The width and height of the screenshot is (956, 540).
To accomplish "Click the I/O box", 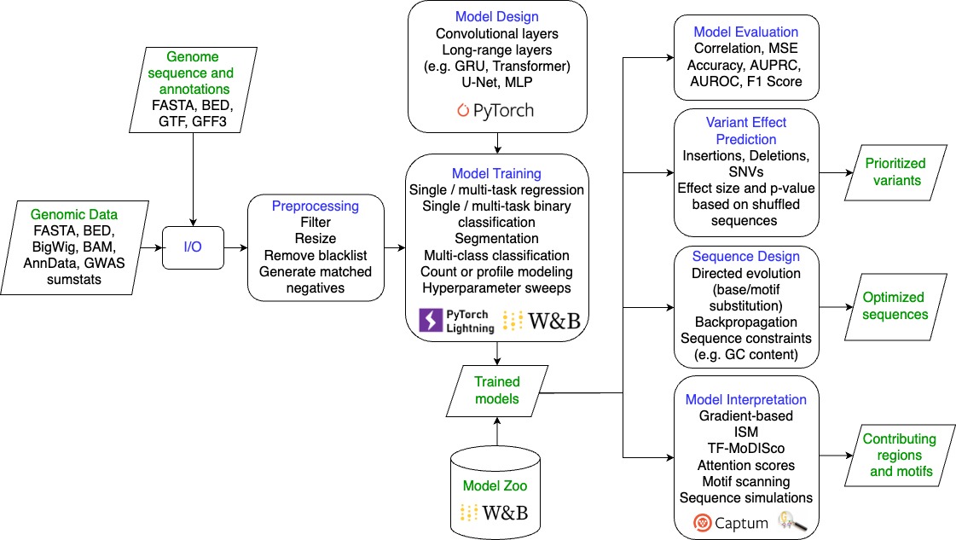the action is tap(193, 247).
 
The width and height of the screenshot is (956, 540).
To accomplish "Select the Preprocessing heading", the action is tap(316, 206).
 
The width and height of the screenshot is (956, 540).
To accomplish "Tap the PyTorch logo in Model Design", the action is tap(495, 110).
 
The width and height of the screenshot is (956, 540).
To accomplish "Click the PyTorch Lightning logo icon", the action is tap(431, 321).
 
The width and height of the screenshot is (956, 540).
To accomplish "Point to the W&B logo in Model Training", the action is tap(542, 321).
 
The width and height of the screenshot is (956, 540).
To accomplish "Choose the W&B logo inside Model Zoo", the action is tap(495, 513).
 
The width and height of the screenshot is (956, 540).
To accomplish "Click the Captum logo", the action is tap(730, 523).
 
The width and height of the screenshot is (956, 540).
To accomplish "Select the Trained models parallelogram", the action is tap(497, 391).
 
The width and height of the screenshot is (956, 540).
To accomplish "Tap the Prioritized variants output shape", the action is tap(895, 172).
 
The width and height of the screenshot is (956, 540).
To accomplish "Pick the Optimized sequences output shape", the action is tap(895, 306).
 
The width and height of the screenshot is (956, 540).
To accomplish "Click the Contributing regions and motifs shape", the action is tap(900, 456).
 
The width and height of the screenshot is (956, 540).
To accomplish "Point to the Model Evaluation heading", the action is tap(745, 32).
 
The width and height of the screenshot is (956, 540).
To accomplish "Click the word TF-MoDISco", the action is tap(745, 449).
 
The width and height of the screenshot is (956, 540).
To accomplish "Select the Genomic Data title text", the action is tap(74, 214).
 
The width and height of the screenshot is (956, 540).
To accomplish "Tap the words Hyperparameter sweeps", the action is tap(496, 288).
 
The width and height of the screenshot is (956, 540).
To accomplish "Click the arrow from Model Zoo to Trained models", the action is tap(497, 432).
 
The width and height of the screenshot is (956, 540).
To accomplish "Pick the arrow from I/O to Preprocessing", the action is tap(236, 247).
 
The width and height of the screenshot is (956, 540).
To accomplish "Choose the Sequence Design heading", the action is tap(745, 256).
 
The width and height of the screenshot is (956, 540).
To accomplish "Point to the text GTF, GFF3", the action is tap(193, 121).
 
